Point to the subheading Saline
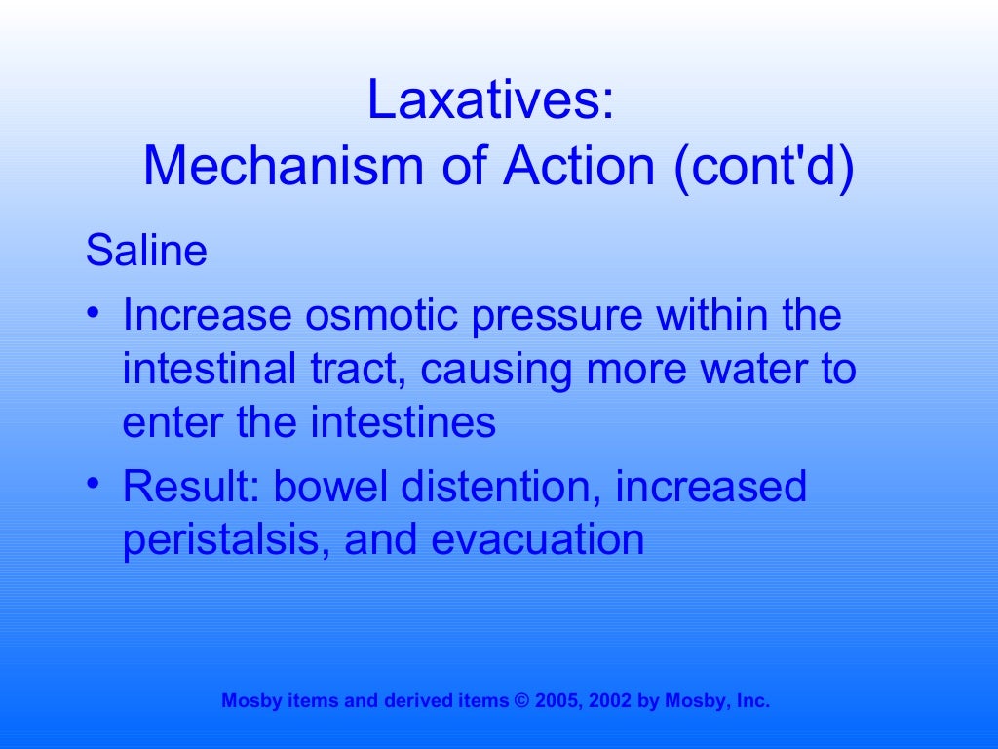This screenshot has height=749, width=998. tap(146, 251)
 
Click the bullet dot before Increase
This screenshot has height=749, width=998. tap(92, 314)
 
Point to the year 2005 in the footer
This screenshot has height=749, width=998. tap(551, 700)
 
